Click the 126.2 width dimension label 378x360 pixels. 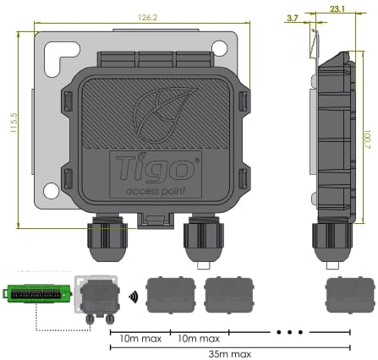coord(147,18)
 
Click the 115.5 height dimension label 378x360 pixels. coord(14,123)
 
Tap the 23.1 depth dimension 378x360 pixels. coord(337,9)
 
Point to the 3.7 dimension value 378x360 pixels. coord(293,19)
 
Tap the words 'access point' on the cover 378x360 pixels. coord(156,191)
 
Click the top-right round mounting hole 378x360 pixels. coord(220,48)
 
